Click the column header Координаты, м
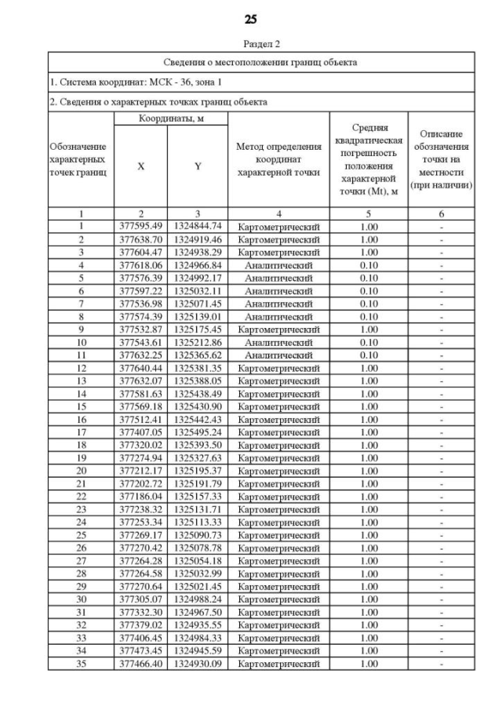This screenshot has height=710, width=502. [170, 118]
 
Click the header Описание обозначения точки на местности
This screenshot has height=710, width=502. [442, 159]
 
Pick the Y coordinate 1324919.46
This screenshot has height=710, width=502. [198, 237]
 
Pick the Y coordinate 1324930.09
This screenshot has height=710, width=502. [198, 664]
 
